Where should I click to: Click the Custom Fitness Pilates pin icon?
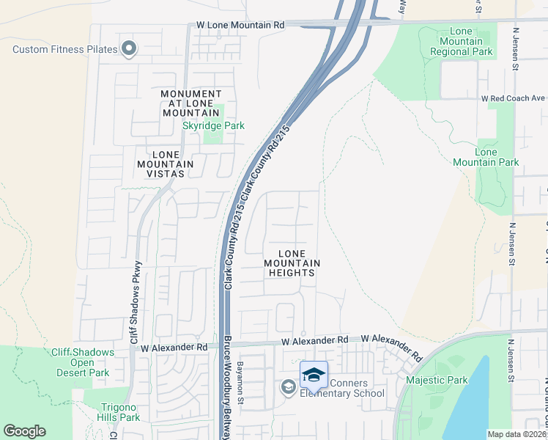tap(129, 49)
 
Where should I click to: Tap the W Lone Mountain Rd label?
tap(240, 25)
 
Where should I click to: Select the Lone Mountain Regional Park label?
tap(462, 42)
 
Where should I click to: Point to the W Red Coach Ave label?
tap(513, 98)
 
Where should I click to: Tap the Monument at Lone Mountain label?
tap(190, 103)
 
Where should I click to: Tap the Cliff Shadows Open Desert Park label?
tap(83, 362)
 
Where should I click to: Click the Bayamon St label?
tap(240, 379)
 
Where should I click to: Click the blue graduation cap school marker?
tap(314, 375)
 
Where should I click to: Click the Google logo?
tap(25, 431)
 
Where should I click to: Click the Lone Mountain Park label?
tap(497, 157)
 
